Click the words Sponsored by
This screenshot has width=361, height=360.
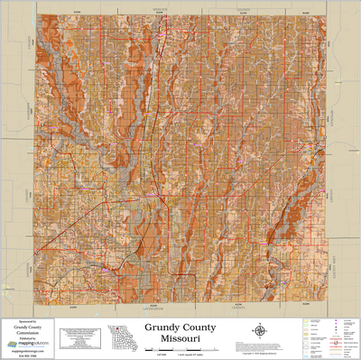28,321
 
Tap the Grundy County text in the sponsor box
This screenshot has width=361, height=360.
28,327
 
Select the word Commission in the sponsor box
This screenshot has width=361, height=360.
28,332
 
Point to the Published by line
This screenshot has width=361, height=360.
28,337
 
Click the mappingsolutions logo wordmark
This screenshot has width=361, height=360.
32,344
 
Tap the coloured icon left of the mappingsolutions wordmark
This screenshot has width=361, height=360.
12,344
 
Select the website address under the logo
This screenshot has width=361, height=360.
28,350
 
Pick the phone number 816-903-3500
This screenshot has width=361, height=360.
28,355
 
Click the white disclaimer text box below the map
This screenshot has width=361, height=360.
79,337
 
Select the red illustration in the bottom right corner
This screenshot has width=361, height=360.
334,341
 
